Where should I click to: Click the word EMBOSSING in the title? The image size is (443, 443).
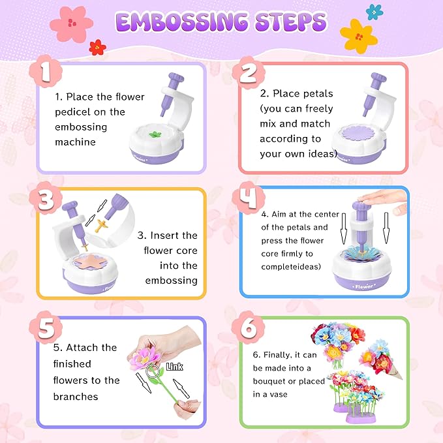[181, 22]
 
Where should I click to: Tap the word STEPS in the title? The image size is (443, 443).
[291, 22]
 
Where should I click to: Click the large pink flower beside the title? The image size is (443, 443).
[71, 24]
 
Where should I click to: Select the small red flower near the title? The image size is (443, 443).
[97, 47]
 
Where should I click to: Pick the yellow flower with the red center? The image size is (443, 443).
[359, 36]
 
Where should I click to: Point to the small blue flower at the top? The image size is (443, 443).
[374, 12]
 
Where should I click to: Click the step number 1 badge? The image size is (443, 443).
[46, 71]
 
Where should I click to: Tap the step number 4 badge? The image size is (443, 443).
[249, 198]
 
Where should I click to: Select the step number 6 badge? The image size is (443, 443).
[248, 328]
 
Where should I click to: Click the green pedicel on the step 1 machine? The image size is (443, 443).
[155, 134]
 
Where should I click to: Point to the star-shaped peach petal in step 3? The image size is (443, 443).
[91, 262]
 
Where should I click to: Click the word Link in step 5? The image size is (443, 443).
[174, 367]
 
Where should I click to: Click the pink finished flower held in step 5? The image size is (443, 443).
[145, 357]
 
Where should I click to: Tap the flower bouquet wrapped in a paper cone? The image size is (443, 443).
[380, 359]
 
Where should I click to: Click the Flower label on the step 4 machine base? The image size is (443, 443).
[364, 287]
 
